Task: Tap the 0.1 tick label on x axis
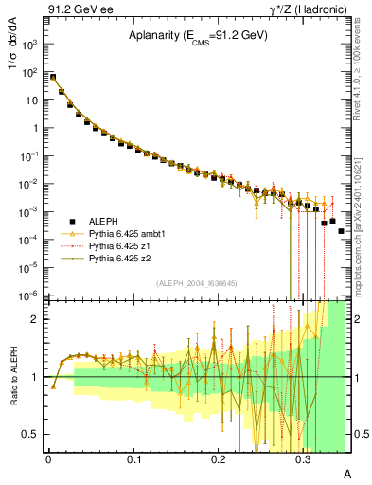[133, 458]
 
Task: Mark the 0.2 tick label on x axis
[219, 458]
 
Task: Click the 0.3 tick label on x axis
[304, 458]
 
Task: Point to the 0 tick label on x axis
[48, 458]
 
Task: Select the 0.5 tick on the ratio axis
[35, 434]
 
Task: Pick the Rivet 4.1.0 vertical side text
[363, 70]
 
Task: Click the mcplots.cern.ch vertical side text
[363, 213]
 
